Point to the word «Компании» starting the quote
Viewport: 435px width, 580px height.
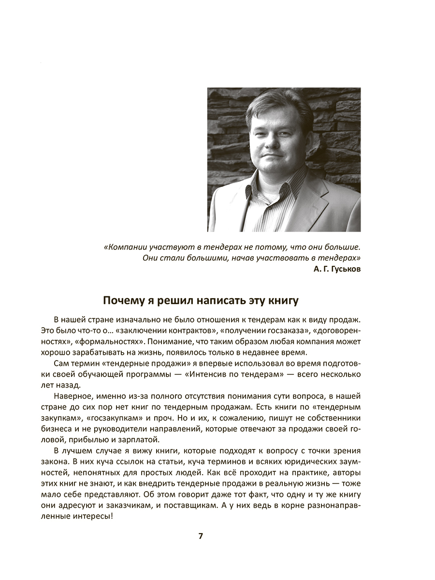click(x=124, y=246)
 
